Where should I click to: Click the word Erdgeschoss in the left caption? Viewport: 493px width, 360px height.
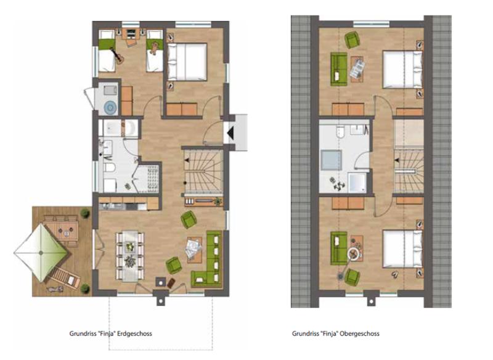[x=134, y=333]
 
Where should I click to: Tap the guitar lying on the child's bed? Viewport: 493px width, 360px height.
[x=117, y=55]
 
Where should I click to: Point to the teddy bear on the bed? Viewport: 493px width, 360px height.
[x=154, y=48]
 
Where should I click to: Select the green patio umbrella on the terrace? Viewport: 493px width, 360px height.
[x=41, y=253]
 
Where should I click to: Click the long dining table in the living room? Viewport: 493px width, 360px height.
[x=130, y=256]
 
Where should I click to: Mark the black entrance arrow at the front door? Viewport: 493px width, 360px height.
[x=230, y=133]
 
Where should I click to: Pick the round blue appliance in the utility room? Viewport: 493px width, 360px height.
[x=110, y=107]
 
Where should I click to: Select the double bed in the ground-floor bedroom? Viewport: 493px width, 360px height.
[x=187, y=62]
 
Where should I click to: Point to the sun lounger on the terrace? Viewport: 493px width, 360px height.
[x=65, y=277]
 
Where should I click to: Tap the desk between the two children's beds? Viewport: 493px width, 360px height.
[x=132, y=34]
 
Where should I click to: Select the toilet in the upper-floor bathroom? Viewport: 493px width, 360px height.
[x=341, y=132]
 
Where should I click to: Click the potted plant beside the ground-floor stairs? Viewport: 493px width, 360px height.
[x=218, y=201]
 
